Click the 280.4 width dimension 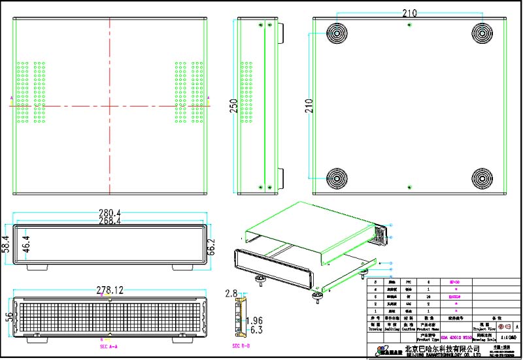pos(110,213)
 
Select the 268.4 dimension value pos(110,221)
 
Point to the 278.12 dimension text pos(109,289)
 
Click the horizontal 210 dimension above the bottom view pos(410,13)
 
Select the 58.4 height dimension pos(7,244)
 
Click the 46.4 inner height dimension pos(26,244)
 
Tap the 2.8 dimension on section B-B pos(230,293)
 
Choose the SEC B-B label pos(241,346)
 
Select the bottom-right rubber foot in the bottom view pos(482,177)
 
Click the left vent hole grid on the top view pos(31,92)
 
